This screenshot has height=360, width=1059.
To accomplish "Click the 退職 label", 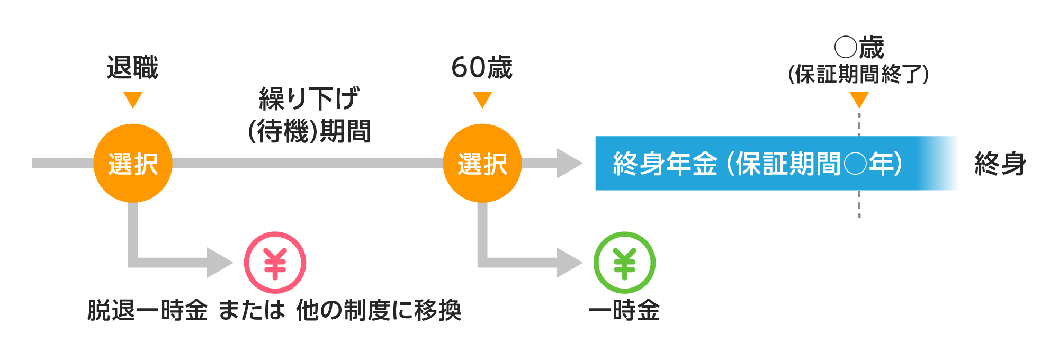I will (132, 68).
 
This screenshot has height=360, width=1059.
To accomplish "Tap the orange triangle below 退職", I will (133, 99).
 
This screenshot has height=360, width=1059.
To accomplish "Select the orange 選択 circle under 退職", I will (133, 163).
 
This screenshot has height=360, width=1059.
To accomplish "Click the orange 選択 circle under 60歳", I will (482, 163).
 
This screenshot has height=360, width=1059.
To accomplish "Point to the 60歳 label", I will (482, 68).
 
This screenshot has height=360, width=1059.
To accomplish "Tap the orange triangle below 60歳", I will (482, 99).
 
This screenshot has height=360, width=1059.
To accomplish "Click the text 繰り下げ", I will (309, 99).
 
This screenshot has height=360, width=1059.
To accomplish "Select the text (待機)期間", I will (309, 131).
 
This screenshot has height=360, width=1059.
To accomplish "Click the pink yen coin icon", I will (275, 263).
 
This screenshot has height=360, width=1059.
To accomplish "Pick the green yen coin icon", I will (624, 263).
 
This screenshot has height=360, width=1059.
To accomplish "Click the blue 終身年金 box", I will (776, 163).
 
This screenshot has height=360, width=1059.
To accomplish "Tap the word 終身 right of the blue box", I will (1000, 163).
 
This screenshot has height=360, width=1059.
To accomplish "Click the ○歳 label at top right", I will (859, 48).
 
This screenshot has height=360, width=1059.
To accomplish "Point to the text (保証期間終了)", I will (858, 74).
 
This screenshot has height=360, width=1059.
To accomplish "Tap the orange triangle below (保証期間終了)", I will (859, 99).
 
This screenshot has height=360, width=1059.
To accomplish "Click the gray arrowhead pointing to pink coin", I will (218, 263).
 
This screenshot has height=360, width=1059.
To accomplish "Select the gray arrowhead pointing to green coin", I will (568, 263).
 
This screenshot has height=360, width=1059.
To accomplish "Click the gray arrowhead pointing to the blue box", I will (568, 163).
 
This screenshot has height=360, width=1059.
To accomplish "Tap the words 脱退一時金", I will (147, 310).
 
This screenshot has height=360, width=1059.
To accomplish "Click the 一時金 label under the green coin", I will (624, 310).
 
